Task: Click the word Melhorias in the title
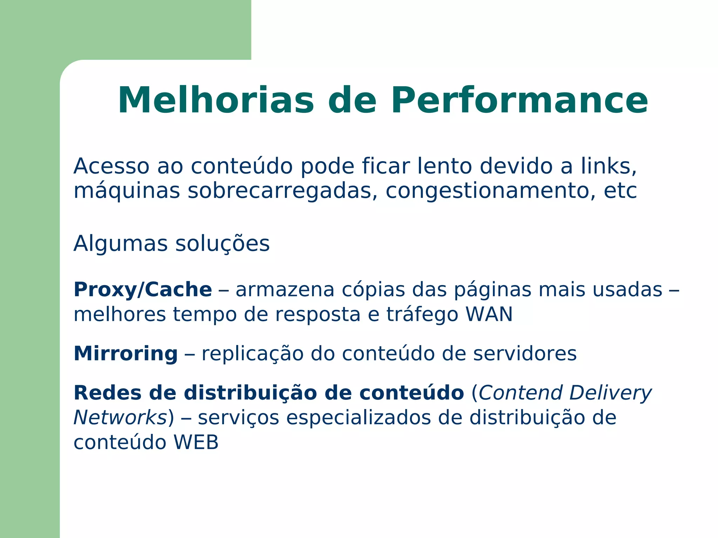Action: (x=216, y=101)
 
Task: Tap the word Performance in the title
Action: (x=519, y=101)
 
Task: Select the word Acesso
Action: (x=111, y=166)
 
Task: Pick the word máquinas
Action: (x=127, y=191)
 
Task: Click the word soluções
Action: (x=222, y=244)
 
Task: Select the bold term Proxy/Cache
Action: (x=143, y=290)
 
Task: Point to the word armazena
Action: (x=285, y=290)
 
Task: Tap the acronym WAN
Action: (x=489, y=314)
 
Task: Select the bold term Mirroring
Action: (x=126, y=354)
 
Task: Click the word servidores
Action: (x=525, y=354)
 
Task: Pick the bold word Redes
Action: (x=108, y=393)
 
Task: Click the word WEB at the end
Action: (x=196, y=443)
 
